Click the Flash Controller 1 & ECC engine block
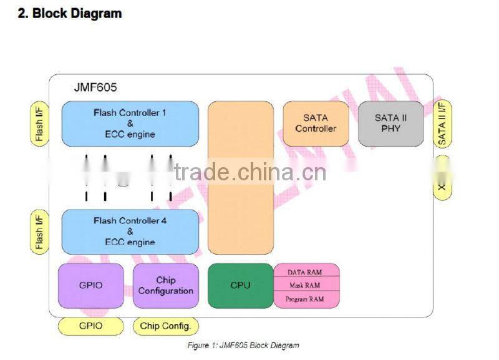tap(130, 124)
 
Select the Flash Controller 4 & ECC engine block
tap(130, 231)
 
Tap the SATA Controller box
tap(316, 124)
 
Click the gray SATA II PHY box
tap(391, 124)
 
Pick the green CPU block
tap(240, 285)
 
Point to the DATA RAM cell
tap(306, 271)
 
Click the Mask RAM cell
tap(306, 285)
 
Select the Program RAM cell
tap(306, 299)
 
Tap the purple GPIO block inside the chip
tap(91, 285)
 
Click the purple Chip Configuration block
tap(165, 285)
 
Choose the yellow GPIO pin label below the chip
tap(90, 326)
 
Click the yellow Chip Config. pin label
tap(165, 326)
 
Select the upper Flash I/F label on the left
tap(39, 124)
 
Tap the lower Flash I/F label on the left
tap(39, 231)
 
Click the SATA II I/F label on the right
tap(442, 124)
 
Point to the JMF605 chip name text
tap(92, 88)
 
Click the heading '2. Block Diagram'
tap(69, 13)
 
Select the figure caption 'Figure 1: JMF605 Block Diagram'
tap(243, 345)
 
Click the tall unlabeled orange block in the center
tap(240, 178)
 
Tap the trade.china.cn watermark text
tap(249, 172)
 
